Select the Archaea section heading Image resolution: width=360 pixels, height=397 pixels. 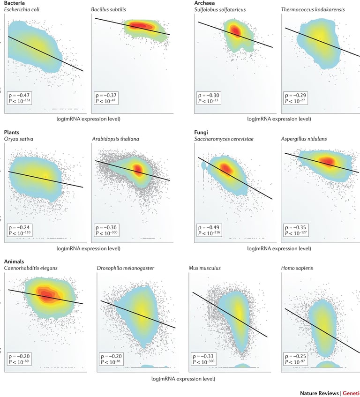204,3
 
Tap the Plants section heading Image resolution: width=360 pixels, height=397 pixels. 12,133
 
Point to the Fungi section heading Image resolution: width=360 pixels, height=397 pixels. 201,133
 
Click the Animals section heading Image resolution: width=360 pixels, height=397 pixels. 14,262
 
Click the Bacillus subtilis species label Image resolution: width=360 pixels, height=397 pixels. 108,9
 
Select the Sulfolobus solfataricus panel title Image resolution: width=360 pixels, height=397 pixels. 220,9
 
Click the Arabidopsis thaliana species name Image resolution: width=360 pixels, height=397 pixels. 115,139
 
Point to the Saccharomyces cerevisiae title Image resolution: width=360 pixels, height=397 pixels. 225,139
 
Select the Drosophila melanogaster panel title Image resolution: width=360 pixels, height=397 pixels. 125,269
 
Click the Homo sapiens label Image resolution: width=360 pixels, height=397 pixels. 297,269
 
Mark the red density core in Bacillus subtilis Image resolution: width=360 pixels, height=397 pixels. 139,26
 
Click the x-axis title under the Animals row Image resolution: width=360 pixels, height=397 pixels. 183,378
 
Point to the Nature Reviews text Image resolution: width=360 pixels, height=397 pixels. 319,393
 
